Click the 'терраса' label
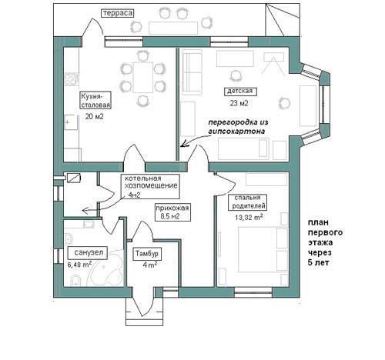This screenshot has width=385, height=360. pyautogui.click(x=118, y=13)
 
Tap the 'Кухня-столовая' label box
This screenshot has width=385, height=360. pyautogui.click(x=95, y=100)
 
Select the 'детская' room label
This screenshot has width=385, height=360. pyautogui.click(x=240, y=92)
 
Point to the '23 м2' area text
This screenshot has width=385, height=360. pyautogui.click(x=239, y=103)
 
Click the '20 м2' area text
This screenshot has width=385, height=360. pyautogui.click(x=94, y=117)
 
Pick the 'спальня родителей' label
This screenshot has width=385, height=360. pyautogui.click(x=248, y=202)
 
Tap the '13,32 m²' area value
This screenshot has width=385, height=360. pyautogui.click(x=249, y=217)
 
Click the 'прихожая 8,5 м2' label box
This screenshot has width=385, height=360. pyautogui.click(x=172, y=212)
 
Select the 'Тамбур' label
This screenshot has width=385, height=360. pyautogui.click(x=147, y=254)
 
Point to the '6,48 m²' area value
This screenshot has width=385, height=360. pyautogui.click(x=79, y=264)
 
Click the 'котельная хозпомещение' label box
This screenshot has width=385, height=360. pyautogui.click(x=150, y=187)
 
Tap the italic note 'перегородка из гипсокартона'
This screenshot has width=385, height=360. pyautogui.click(x=238, y=127)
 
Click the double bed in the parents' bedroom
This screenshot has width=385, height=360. pyautogui.click(x=263, y=249)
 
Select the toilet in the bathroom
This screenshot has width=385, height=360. pyautogui.click(x=76, y=280)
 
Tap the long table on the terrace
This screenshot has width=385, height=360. pyautogui.click(x=173, y=28)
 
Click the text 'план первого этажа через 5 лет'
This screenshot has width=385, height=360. pyautogui.click(x=325, y=242)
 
